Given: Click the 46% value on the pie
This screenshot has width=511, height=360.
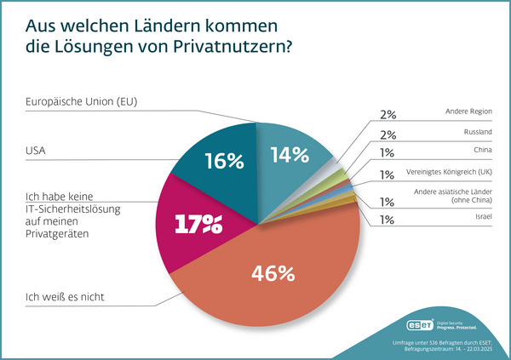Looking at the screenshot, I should pyautogui.click(x=273, y=274).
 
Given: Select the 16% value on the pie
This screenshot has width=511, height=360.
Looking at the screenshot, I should pyautogui.click(x=224, y=161).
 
